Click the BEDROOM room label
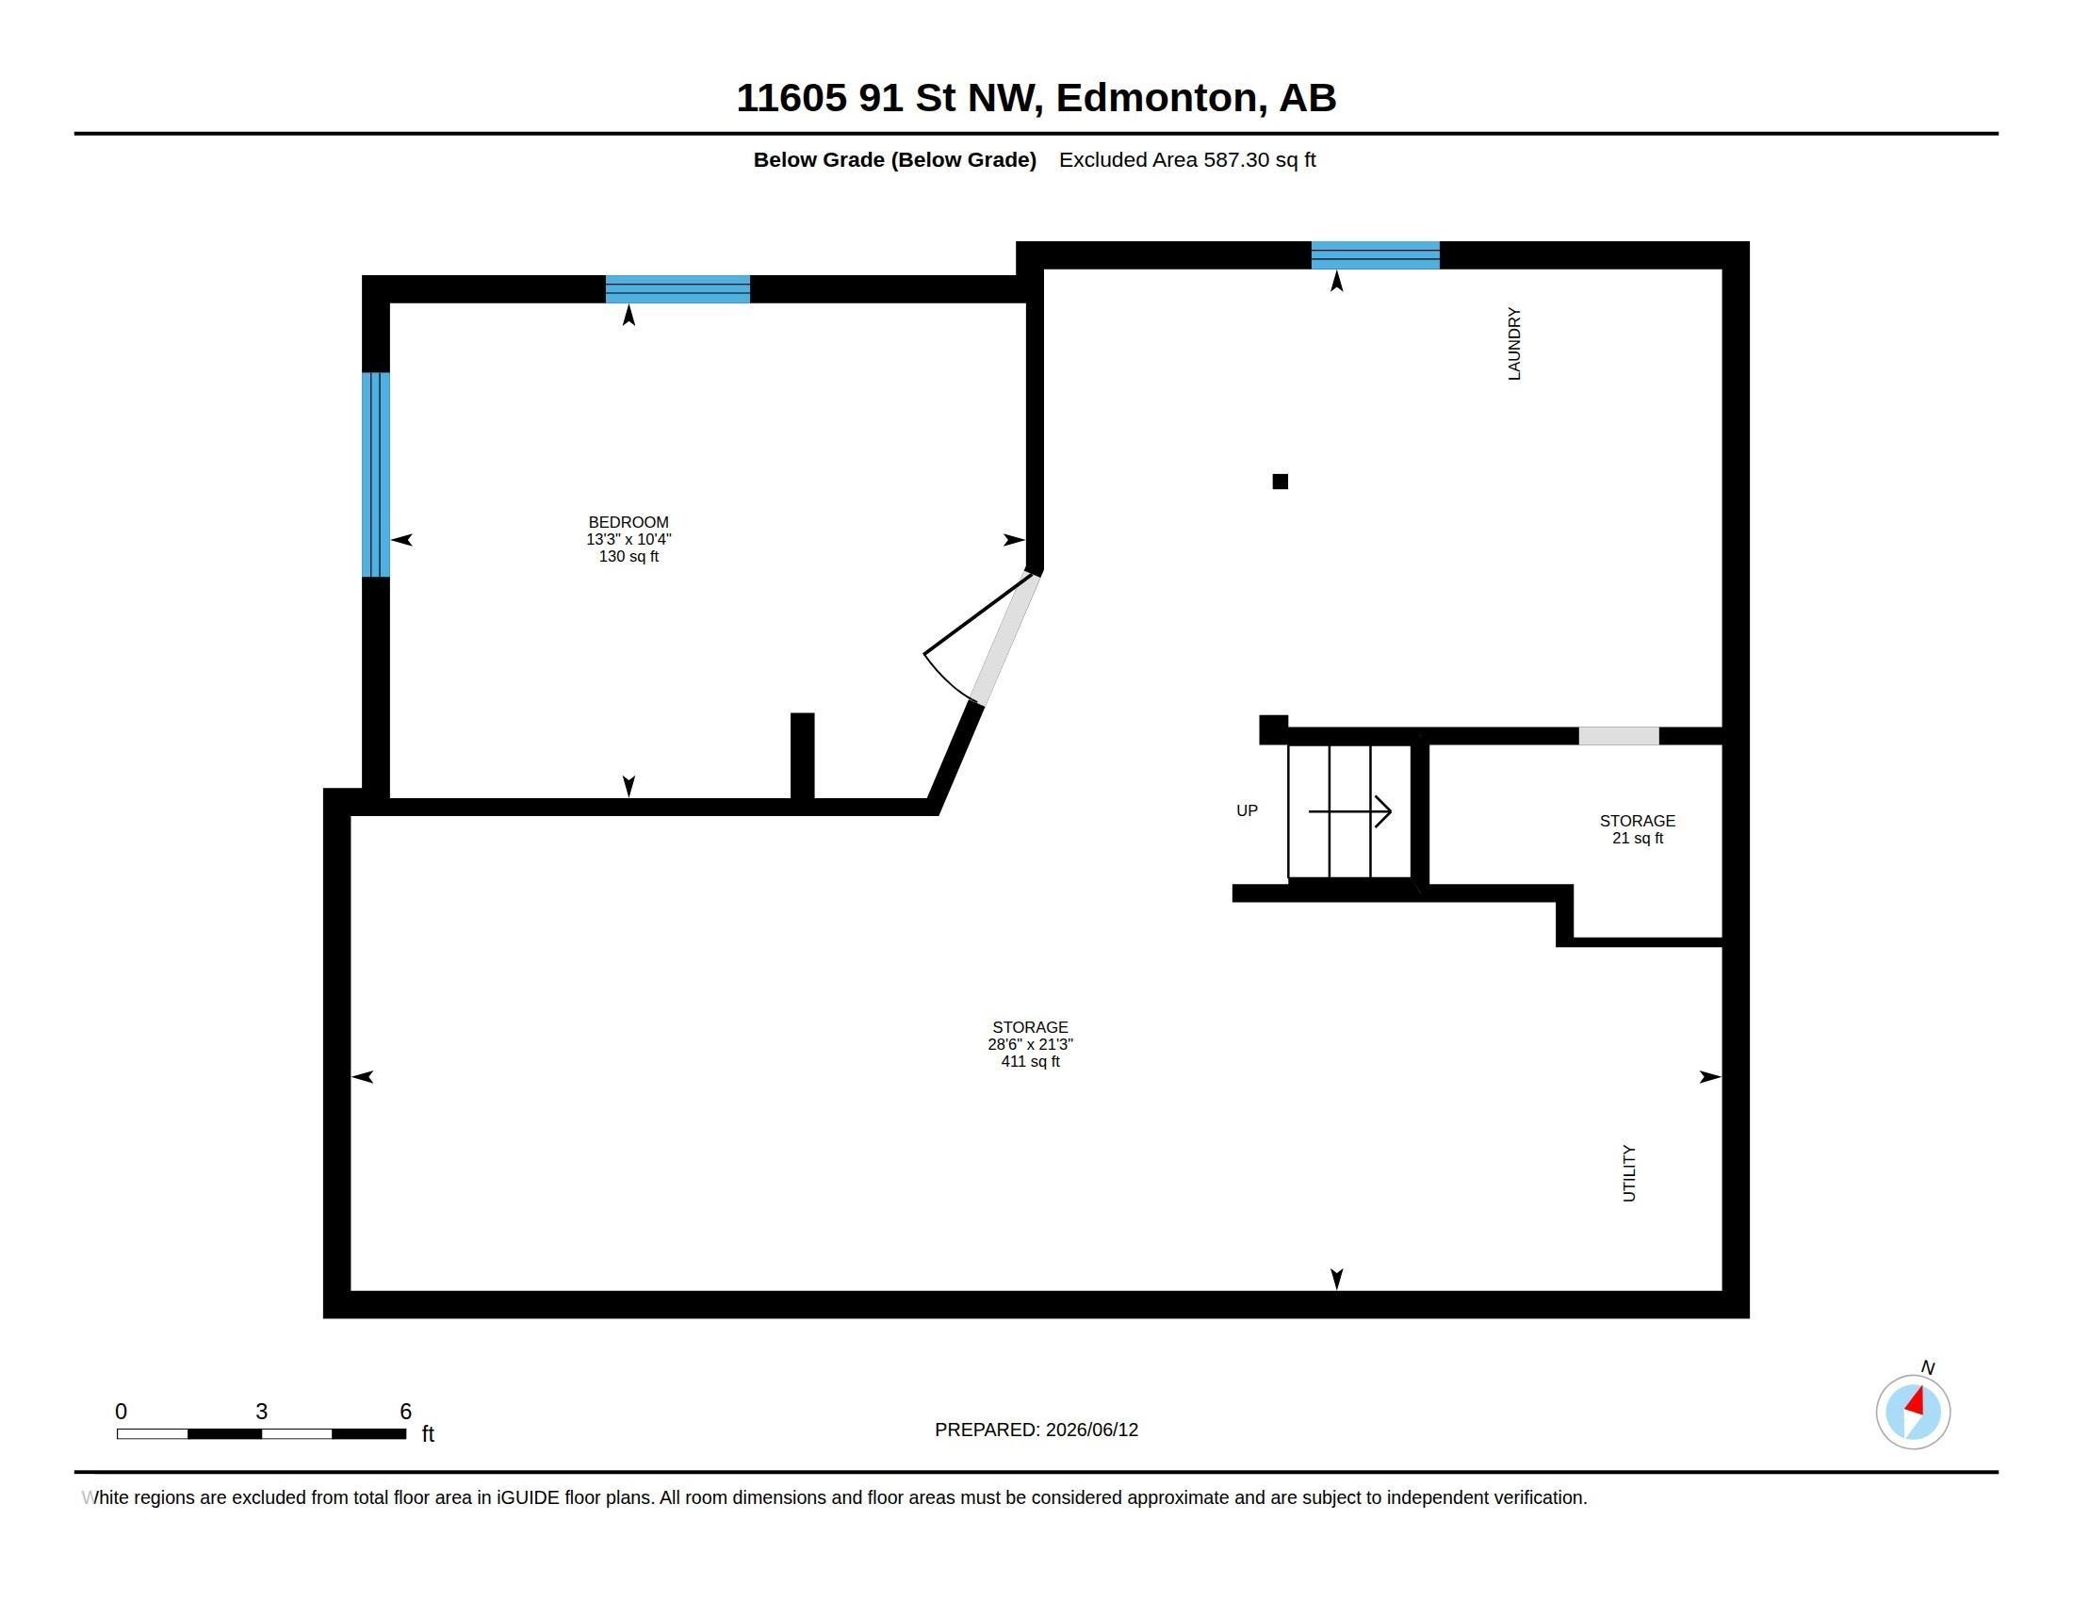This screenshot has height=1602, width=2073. [628, 522]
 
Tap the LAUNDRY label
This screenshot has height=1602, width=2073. [1514, 344]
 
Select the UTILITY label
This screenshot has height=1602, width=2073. [1629, 1173]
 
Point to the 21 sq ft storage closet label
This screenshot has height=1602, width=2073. [1638, 829]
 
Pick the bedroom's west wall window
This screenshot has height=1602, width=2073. [376, 475]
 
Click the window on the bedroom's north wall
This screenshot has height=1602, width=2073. [677, 288]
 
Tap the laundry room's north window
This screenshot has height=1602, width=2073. [1376, 255]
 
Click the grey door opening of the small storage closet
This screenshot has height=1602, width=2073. [1618, 736]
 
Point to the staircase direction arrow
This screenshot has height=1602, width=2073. [1349, 811]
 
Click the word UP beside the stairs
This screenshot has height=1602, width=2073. [1247, 810]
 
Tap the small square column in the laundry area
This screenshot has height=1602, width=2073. [1280, 482]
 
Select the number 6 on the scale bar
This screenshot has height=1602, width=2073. [405, 1412]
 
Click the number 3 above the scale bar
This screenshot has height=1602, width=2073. [261, 1412]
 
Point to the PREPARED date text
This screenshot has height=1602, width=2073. [1036, 1430]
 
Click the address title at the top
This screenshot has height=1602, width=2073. [1036, 98]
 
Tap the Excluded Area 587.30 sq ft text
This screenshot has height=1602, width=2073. [1187, 159]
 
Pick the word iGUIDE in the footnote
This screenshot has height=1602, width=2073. [527, 1497]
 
